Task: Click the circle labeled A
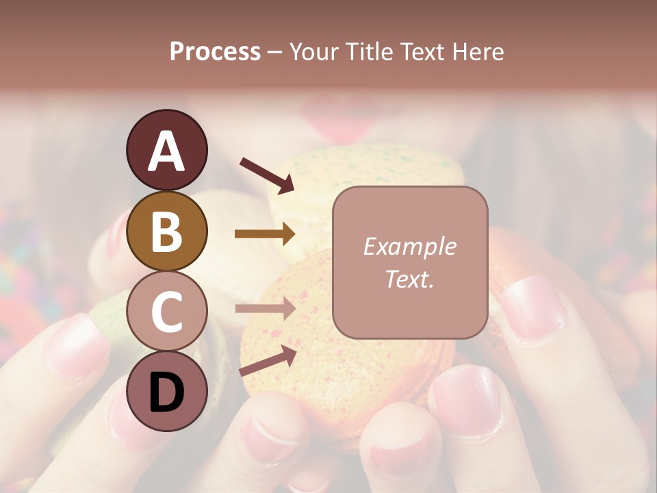[x=166, y=150]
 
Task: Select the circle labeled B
[x=166, y=231]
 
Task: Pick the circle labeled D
[x=166, y=392]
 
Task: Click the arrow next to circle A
[x=267, y=175]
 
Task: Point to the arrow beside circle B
[x=265, y=233]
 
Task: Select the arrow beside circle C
[x=265, y=309]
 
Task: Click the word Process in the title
[x=215, y=51]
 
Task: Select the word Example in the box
[x=409, y=246]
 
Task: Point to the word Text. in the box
[x=409, y=279]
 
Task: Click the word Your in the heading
[x=313, y=51]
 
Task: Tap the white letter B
[x=166, y=231]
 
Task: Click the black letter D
[x=166, y=392]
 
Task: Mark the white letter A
[x=166, y=150]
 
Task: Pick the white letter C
[x=166, y=312]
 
